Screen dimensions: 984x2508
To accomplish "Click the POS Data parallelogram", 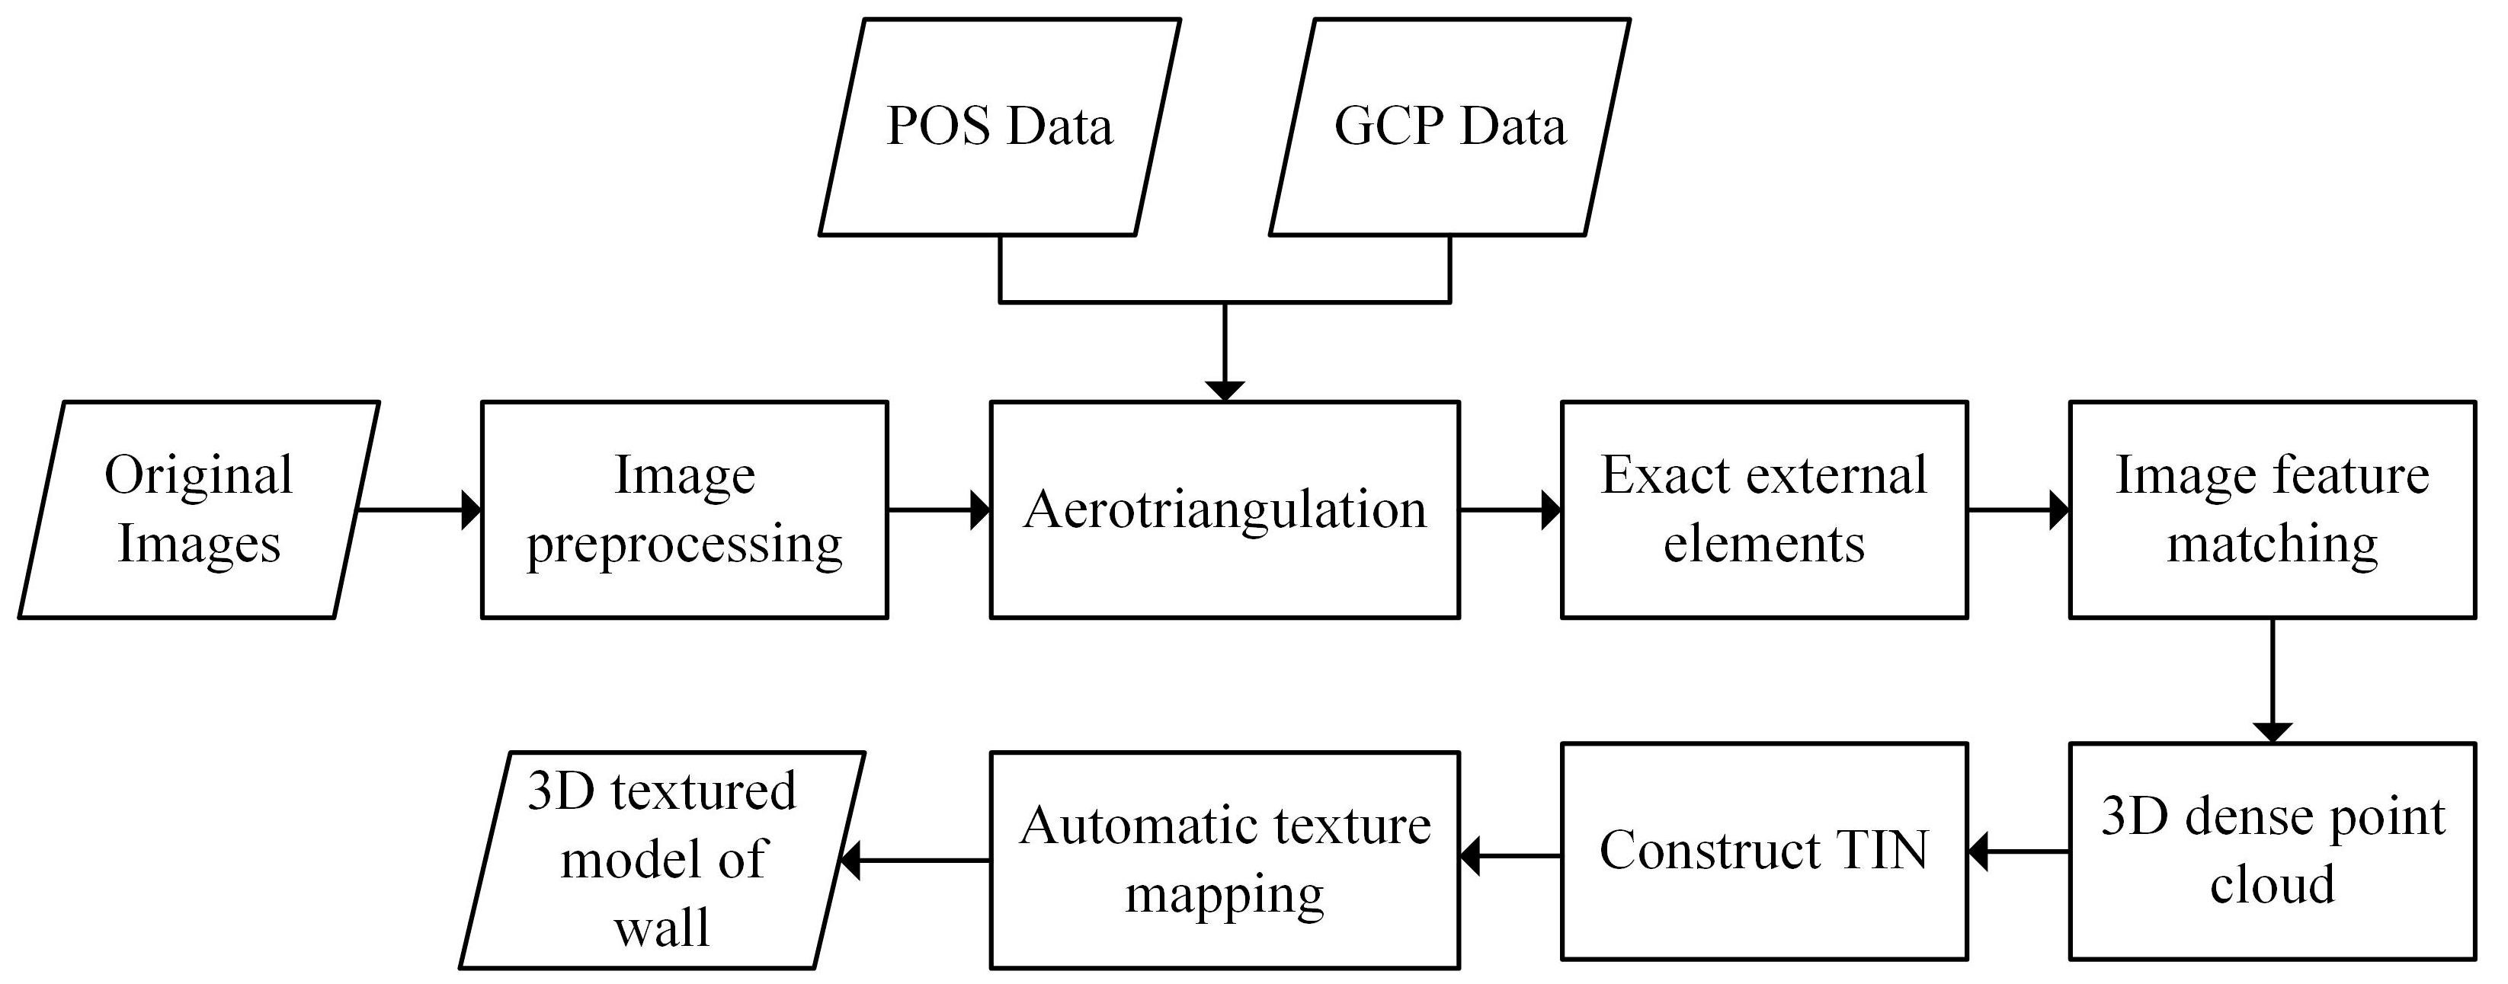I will pyautogui.click(x=1000, y=126).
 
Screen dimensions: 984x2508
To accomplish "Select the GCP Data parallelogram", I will pyautogui.click(x=1449, y=126).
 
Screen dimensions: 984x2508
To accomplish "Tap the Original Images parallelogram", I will pyautogui.click(x=199, y=509).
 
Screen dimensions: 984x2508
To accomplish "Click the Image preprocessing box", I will pyautogui.click(x=684, y=509).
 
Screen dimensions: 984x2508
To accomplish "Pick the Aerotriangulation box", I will pyautogui.click(x=1225, y=509).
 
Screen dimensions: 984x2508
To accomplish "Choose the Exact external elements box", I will pyautogui.click(x=1764, y=509).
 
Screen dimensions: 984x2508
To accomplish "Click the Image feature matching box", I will pyautogui.click(x=2273, y=509).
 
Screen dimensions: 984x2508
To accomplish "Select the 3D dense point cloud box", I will pyautogui.click(x=2273, y=851).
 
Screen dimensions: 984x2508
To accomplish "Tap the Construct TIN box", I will pyautogui.click(x=1764, y=851).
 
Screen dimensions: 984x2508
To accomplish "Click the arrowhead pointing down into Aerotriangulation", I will pyautogui.click(x=1225, y=389).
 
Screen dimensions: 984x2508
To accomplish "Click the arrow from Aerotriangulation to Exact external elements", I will pyautogui.click(x=1510, y=509).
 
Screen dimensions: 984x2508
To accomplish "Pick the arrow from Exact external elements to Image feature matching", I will pyautogui.click(x=2018, y=509).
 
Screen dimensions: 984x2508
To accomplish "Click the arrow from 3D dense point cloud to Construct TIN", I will pyautogui.click(x=2018, y=851).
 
